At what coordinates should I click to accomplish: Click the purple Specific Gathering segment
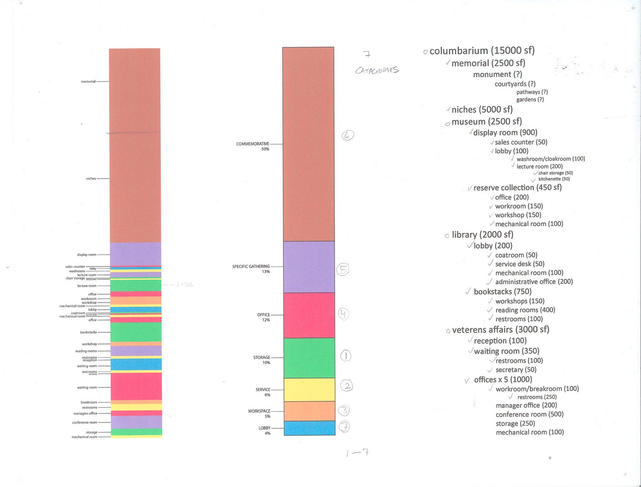tap(309, 267)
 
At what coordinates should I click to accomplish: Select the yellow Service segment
tap(309, 390)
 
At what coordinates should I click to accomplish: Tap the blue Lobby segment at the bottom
tap(309, 428)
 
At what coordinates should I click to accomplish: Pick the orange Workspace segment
tap(309, 411)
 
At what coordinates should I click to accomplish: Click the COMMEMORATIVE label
tap(252, 144)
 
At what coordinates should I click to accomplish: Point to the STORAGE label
tap(262, 358)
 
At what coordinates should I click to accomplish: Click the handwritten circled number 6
tap(347, 135)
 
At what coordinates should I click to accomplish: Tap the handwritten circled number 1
tap(346, 356)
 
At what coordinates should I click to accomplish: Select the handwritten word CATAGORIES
tap(377, 71)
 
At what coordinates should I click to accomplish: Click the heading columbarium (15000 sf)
tap(482, 51)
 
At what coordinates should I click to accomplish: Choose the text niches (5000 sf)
tap(482, 109)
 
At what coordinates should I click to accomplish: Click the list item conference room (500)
tap(529, 414)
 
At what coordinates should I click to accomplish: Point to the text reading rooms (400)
tap(525, 310)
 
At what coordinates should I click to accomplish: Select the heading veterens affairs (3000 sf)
tap(500, 329)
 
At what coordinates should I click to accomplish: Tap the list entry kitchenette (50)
tap(554, 179)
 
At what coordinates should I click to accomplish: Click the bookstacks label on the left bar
tap(88, 332)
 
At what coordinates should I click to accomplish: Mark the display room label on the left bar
tap(87, 255)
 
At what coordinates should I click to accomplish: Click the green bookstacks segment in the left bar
tap(136, 332)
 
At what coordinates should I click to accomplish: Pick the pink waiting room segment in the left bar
tap(136, 386)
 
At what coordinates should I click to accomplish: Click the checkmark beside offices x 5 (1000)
tap(467, 380)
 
